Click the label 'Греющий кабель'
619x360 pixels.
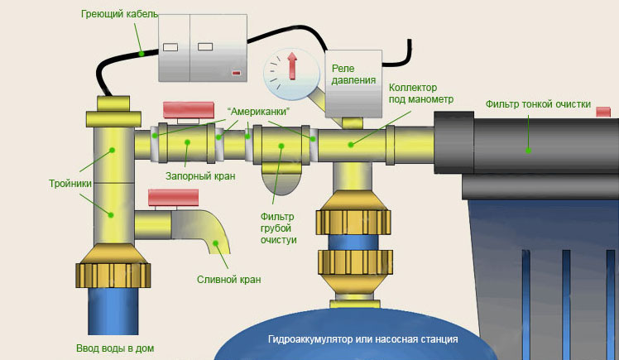(x=119, y=15)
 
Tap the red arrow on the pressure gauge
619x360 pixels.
(x=292, y=66)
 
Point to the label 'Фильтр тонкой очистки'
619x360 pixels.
(x=538, y=104)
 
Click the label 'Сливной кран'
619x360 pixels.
(x=229, y=279)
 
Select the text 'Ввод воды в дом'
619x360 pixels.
(x=115, y=348)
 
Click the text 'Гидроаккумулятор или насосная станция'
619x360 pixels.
(x=363, y=339)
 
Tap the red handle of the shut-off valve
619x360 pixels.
(x=189, y=109)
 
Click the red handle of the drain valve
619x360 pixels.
(x=173, y=197)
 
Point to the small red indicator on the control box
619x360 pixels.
(x=237, y=74)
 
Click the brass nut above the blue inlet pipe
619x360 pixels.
(x=113, y=273)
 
